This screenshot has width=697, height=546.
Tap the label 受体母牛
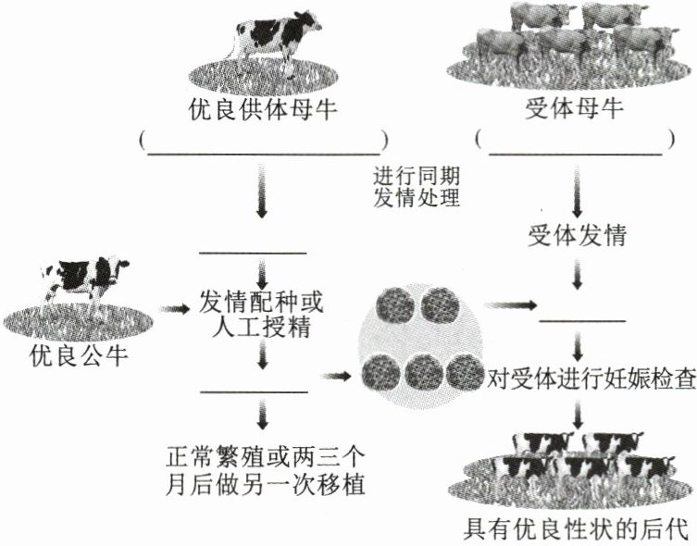coord(575,112)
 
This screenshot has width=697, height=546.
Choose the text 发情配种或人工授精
coord(263,312)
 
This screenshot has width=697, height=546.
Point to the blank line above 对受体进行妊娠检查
coord(582,320)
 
